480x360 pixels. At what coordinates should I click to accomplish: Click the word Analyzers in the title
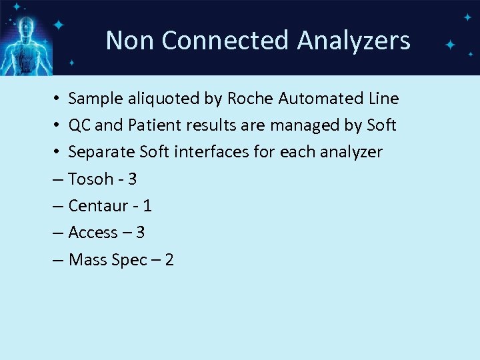(353, 41)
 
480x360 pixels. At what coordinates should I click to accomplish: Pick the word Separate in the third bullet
(101, 152)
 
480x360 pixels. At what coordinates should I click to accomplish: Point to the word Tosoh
(91, 179)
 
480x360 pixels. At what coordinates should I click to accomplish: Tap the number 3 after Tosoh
(132, 179)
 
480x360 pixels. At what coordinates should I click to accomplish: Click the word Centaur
(97, 205)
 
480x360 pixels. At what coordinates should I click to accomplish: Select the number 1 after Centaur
(147, 205)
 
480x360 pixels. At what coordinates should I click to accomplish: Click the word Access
(93, 232)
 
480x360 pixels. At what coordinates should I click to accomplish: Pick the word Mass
(88, 259)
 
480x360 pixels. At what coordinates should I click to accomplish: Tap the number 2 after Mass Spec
(169, 259)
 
